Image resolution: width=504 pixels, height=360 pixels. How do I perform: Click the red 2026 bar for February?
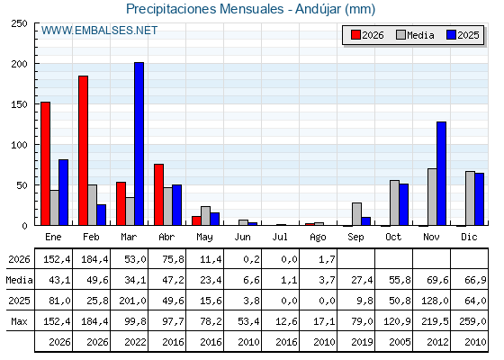click(x=83, y=150)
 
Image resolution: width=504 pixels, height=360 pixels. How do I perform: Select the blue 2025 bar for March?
click(x=139, y=144)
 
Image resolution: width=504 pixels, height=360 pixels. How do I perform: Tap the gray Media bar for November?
click(x=432, y=197)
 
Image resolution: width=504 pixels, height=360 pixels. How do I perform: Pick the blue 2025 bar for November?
click(x=442, y=174)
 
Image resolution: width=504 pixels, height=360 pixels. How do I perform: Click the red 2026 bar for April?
click(x=158, y=194)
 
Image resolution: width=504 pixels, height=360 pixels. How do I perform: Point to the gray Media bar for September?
click(x=356, y=214)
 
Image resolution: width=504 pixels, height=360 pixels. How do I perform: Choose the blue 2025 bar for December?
click(x=479, y=199)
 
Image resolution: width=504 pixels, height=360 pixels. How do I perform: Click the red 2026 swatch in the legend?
click(x=355, y=35)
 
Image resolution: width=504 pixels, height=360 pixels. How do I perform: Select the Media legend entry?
click(x=415, y=35)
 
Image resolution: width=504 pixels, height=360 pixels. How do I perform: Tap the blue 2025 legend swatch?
click(x=451, y=35)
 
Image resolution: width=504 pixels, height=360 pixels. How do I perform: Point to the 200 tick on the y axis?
click(x=20, y=64)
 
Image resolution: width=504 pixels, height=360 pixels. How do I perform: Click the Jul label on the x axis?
click(x=280, y=237)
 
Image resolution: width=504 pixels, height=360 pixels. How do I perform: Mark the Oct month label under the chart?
click(x=393, y=237)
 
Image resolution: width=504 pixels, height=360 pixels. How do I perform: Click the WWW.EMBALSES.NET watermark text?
click(x=99, y=31)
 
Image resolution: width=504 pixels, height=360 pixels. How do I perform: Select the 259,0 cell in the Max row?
click(x=472, y=321)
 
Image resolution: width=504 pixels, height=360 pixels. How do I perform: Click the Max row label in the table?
click(x=19, y=321)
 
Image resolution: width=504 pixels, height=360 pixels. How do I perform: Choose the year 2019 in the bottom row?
click(x=362, y=342)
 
